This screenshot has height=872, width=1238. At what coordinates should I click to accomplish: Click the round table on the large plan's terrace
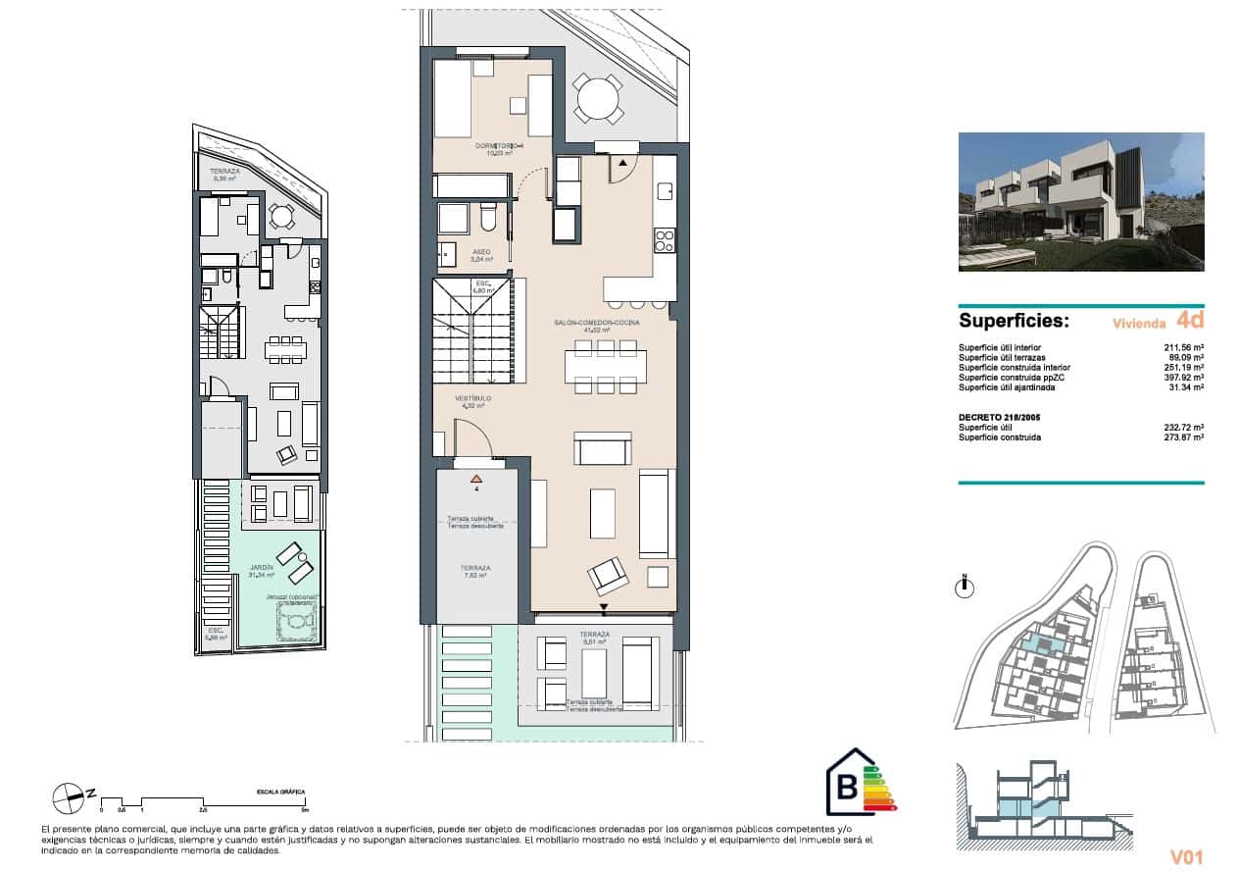[x=597, y=98]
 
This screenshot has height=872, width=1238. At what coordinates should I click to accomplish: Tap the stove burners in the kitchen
[x=664, y=239]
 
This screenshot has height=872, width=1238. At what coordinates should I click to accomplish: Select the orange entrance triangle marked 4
[x=476, y=478]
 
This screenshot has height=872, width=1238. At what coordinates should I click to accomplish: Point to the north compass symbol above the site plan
[x=966, y=587]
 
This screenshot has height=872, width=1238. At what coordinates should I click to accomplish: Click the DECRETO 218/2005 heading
[x=999, y=417]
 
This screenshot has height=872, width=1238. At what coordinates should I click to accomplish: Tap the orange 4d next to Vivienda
[x=1189, y=320]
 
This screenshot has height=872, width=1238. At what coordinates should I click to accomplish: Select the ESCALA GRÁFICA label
[x=280, y=791]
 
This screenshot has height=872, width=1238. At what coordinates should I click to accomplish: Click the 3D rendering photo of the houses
[x=1080, y=202]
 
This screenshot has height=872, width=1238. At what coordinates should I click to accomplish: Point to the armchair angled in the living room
[x=607, y=575]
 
